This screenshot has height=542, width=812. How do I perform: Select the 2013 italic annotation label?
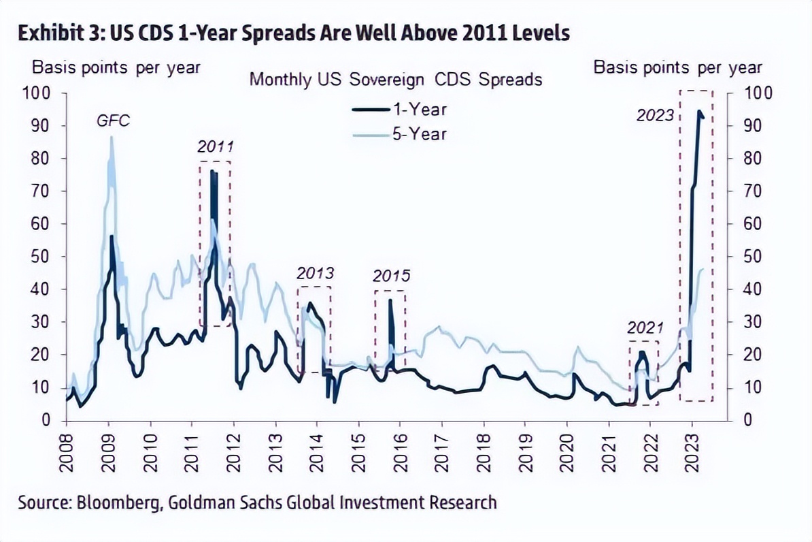click(x=316, y=274)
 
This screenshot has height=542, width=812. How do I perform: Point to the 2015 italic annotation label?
click(x=392, y=276)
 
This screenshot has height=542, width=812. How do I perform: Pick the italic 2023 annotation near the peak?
click(x=655, y=115)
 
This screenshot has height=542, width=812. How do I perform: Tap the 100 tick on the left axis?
click(x=38, y=93)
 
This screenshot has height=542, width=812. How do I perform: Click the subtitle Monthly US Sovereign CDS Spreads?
click(x=396, y=79)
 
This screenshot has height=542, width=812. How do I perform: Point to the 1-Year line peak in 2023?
click(x=699, y=111)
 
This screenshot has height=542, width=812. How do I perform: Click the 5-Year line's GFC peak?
click(x=112, y=138)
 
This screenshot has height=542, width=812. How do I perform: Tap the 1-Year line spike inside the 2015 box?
click(x=390, y=300)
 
